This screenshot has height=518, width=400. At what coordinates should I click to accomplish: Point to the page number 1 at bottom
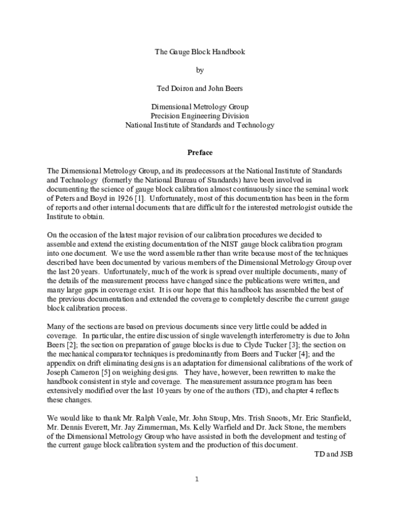[x=197, y=479]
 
